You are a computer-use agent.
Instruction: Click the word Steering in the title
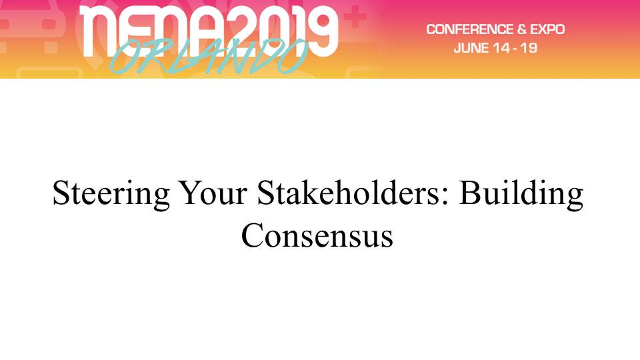(x=111, y=194)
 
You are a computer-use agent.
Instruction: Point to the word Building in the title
(x=521, y=194)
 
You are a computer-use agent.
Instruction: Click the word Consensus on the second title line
(x=317, y=235)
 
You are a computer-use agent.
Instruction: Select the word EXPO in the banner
(x=547, y=29)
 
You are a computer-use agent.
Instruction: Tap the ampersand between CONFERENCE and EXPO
(x=521, y=29)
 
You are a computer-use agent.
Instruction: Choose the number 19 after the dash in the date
(x=529, y=48)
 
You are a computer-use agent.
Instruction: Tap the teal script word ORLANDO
(x=207, y=56)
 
